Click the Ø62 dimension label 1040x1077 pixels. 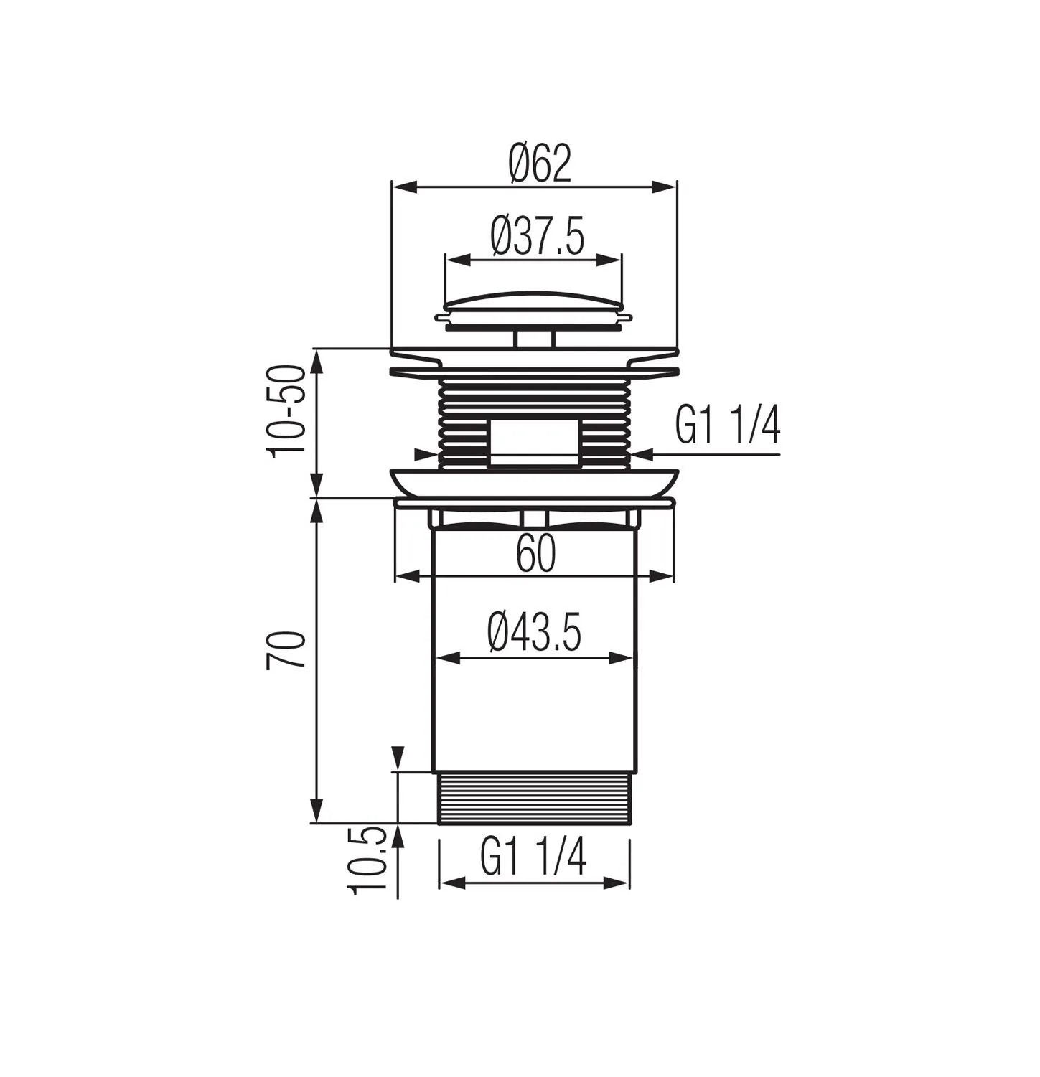click(540, 163)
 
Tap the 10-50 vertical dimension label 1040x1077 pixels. click(286, 410)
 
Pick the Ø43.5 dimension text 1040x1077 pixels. click(534, 631)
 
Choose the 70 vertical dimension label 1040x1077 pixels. click(286, 650)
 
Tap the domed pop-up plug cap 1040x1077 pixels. click(533, 309)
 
